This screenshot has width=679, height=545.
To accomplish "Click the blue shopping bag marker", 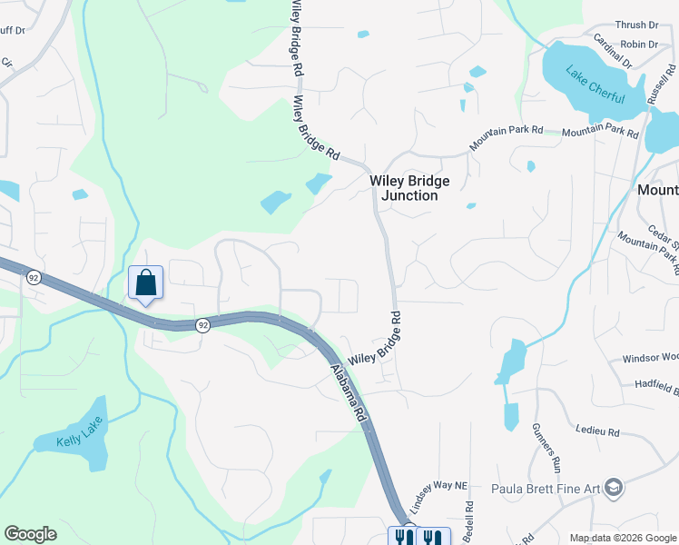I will point(145,283).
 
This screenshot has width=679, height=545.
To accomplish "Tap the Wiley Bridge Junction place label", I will point(409,188).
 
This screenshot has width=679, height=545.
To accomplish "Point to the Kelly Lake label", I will point(82,431).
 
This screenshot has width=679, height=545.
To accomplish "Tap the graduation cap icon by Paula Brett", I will point(615,489).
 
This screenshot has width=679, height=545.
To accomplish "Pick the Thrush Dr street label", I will point(636,25).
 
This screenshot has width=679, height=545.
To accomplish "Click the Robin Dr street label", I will point(639,44).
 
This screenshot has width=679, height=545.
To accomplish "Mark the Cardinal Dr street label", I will point(612,51).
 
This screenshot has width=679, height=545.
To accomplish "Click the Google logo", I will point(30,534).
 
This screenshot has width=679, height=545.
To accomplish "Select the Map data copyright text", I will point(623,538).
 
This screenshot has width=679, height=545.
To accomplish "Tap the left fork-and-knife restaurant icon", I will point(402,537).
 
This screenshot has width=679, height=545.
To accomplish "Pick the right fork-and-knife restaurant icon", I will point(432,537).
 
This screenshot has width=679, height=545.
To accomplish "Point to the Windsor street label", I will point(650,359).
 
